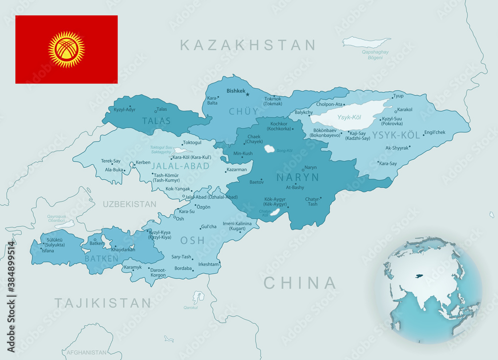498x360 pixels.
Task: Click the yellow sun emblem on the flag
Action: [66, 49]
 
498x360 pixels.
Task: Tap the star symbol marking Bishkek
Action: [248, 95]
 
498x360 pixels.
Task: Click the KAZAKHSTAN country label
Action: [248, 45]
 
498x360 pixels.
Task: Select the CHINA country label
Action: [300, 283]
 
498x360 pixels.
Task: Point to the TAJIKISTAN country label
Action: [103, 303]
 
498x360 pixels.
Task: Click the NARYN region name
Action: [297, 177]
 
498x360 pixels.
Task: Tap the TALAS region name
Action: [156, 121]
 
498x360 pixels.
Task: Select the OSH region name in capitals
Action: [192, 240]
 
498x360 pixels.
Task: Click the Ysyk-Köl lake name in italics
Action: [349, 118]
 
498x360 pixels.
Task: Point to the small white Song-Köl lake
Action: [270, 149]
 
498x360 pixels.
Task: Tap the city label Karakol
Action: [404, 110]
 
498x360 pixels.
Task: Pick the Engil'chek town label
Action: [434, 132]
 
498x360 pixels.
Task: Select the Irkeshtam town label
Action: [209, 264]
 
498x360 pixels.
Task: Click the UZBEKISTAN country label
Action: [129, 204]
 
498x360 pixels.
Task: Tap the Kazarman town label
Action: [237, 170]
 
